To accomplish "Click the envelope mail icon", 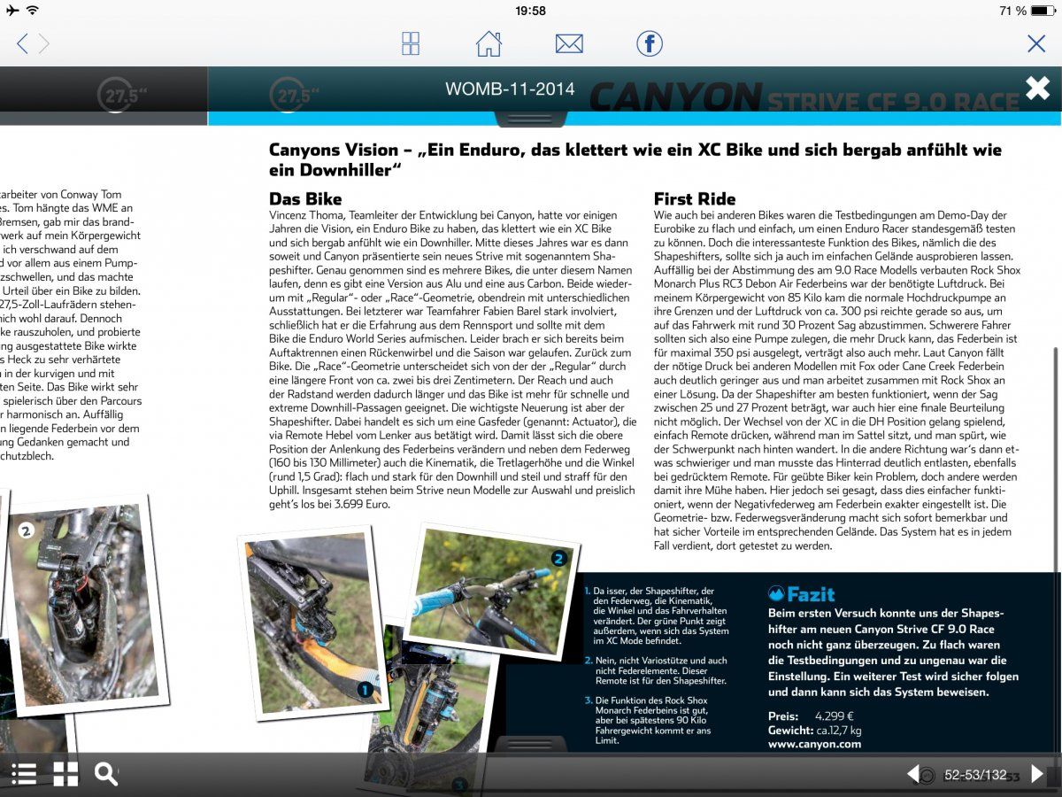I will [569, 43].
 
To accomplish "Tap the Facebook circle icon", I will [650, 43].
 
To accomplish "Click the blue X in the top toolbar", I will [1035, 43].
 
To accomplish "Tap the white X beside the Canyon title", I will [1037, 89].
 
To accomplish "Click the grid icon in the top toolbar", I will [411, 43].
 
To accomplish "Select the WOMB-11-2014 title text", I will [510, 89].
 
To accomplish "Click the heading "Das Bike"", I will [305, 199].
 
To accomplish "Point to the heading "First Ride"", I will [695, 199].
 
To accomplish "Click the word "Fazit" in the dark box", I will [810, 594].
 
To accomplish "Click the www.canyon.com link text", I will [814, 744].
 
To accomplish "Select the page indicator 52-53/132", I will [975, 775].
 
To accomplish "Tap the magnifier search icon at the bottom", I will [106, 774].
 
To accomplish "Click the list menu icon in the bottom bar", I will [24, 774].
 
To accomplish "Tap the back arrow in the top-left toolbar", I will [22, 43].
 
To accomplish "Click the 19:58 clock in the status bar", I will [530, 11].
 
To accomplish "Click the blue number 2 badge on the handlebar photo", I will [558, 558].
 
